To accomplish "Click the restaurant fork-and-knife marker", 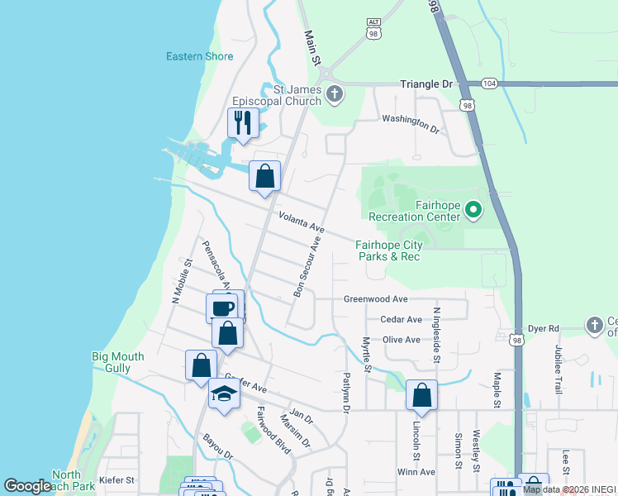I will coord(243,123).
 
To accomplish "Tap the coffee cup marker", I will coord(221,308).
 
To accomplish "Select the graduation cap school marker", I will coord(223,394).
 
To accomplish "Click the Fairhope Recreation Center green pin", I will coord(473,211).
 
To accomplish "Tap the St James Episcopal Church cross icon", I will coord(335,94).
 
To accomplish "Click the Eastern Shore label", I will coord(199,57).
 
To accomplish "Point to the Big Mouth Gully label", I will coord(117,363).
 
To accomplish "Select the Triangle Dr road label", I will coord(427,84).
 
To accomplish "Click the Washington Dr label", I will coord(410,124).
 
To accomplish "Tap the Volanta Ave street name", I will coord(301,223).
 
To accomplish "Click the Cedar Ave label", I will coord(401,319).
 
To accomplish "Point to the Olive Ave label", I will coord(402,340).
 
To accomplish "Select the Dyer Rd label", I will coord(543,329).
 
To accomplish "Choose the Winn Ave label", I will coord(415,472).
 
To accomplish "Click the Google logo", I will coord(27,486).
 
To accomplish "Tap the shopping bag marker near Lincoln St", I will coord(421,396).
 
